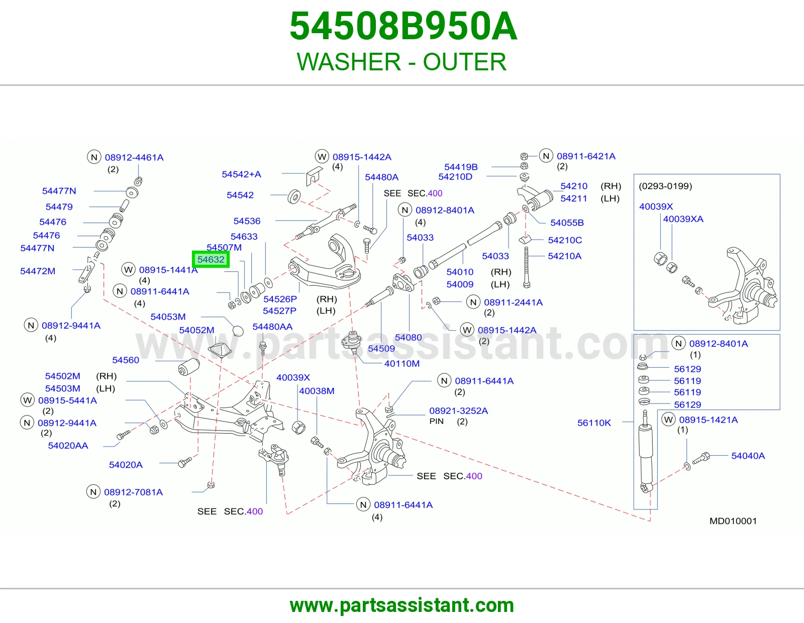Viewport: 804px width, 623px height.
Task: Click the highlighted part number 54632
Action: [x=211, y=259]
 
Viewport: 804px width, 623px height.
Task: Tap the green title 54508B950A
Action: [x=404, y=26]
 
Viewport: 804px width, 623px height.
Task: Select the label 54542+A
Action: [x=241, y=174]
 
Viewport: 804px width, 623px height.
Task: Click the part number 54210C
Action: [x=565, y=240]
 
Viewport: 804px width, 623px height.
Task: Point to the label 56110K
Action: [x=594, y=423]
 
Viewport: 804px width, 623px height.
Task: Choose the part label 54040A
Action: [x=748, y=456]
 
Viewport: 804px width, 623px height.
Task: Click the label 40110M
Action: [x=402, y=364]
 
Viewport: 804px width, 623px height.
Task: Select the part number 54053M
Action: [x=168, y=317]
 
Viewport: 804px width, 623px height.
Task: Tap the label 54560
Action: [x=126, y=360]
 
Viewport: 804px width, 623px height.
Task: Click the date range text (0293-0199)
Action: [x=665, y=186]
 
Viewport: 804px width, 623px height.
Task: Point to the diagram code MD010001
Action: [x=733, y=521]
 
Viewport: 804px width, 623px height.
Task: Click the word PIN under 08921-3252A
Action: [x=436, y=422]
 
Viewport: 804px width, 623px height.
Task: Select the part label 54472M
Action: [x=37, y=271]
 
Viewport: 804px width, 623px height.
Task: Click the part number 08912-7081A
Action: [x=133, y=492]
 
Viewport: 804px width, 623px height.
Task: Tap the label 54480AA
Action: [x=272, y=327]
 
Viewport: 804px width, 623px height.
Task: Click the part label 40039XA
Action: [x=683, y=219]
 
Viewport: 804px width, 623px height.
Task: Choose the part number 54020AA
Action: [x=68, y=446]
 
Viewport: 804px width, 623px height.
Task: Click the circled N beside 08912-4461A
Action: [x=94, y=157]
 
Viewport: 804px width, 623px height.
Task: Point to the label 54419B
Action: [x=461, y=167]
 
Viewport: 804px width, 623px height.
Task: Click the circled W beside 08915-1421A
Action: [x=668, y=420]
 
